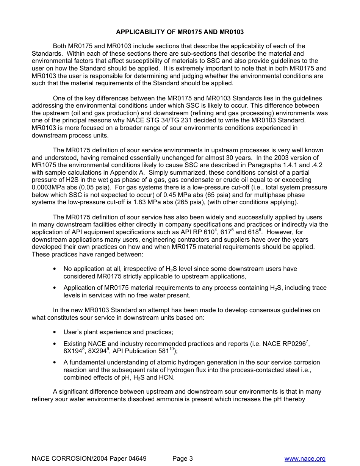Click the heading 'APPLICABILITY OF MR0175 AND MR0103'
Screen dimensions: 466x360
point(180,32)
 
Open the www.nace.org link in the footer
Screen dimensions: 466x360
point(305,459)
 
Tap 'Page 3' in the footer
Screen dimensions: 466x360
point(183,459)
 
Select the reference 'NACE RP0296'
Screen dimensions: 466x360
point(286,344)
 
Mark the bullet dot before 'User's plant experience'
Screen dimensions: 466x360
point(55,332)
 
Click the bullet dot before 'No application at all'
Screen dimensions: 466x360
point(55,269)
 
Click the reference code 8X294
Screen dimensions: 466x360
point(97,351)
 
